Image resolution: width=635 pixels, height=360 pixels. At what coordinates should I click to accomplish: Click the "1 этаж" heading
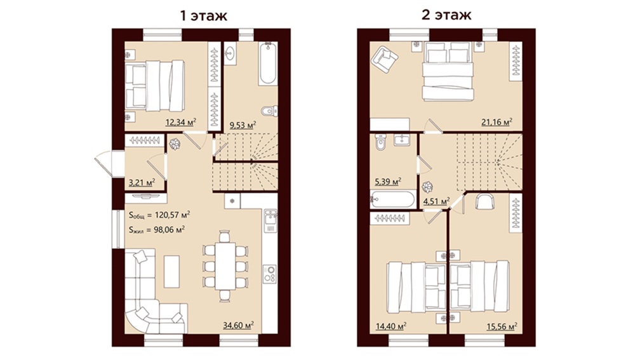tap(203, 15)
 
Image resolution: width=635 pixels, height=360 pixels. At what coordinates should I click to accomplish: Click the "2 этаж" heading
tap(447, 15)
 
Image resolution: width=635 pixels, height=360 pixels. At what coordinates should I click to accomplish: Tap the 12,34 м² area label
tap(180, 123)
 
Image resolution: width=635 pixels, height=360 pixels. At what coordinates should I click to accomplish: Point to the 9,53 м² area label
tap(243, 124)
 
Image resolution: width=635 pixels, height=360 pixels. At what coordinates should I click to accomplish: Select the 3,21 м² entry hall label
tap(142, 183)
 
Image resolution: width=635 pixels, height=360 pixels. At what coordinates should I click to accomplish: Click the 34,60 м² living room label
tap(239, 325)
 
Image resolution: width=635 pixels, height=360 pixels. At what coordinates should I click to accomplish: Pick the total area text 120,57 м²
tap(173, 215)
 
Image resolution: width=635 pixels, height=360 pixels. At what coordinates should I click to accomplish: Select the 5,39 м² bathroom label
tap(388, 182)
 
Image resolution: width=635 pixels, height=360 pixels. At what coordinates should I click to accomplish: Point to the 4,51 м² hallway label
tap(437, 201)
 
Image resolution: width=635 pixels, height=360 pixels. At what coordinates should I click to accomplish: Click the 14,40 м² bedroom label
tap(391, 326)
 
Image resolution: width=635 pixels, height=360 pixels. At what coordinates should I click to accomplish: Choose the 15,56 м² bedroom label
tap(502, 326)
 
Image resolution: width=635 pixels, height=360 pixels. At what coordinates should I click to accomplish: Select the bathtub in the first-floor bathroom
tap(268, 63)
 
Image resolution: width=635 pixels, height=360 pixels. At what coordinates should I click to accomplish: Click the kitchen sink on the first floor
tap(271, 222)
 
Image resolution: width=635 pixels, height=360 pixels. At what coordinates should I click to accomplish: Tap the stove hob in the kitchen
tap(270, 274)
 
